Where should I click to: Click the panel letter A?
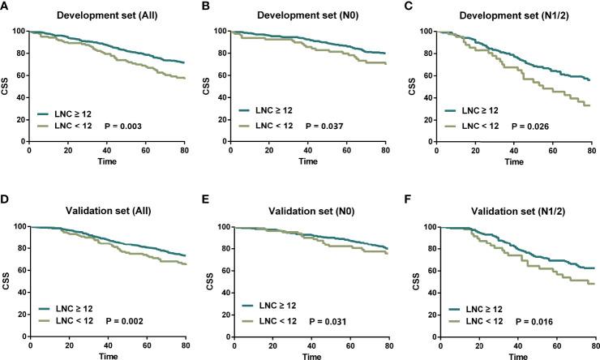coord(6,6)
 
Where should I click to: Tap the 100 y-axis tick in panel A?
coord(19,32)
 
